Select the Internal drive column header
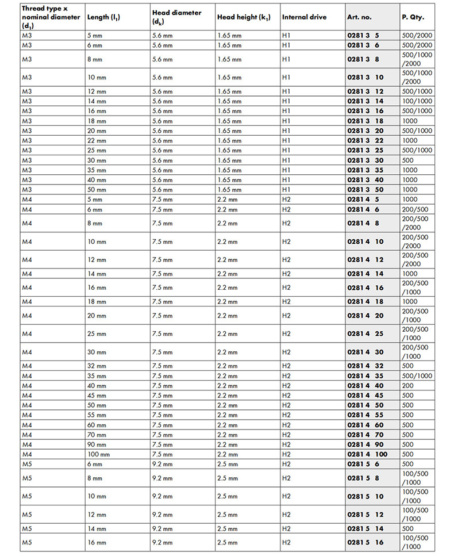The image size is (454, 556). (x=304, y=17)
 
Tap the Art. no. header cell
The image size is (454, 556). (x=360, y=17)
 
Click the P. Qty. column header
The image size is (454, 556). (x=413, y=17)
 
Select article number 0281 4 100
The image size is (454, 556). (x=367, y=454)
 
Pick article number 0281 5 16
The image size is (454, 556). (x=365, y=542)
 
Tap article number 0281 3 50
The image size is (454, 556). (x=365, y=190)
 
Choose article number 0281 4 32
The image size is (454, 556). (x=365, y=366)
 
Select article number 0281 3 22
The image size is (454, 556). (x=365, y=140)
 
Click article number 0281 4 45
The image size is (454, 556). (x=365, y=396)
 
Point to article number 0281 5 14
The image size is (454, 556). (x=365, y=528)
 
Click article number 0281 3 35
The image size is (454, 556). (x=365, y=170)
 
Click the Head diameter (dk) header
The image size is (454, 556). (x=177, y=17)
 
